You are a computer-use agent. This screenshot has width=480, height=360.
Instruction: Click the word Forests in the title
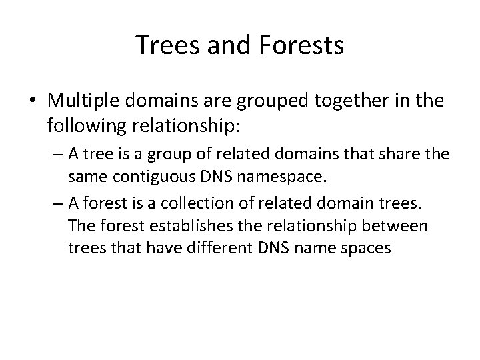(305, 45)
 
